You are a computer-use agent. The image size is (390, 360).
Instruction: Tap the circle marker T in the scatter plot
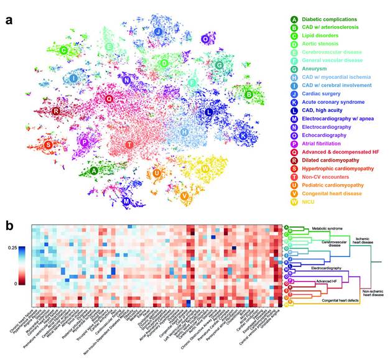[x=129, y=145]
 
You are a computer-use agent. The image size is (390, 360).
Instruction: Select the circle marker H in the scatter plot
[x=185, y=132]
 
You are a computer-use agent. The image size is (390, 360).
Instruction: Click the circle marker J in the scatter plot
[x=158, y=32]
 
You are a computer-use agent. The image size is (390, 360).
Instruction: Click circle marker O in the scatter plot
[x=205, y=39]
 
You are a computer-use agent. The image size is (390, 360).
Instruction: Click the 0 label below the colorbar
[x=14, y=284]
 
